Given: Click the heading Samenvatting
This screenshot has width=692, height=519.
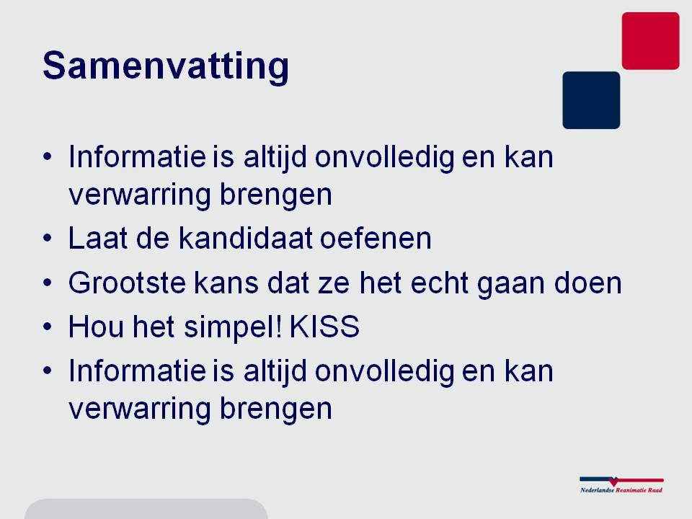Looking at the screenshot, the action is click(x=166, y=66).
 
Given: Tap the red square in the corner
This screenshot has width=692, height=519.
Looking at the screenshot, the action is click(x=650, y=40).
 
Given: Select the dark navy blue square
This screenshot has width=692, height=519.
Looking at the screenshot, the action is click(x=591, y=100).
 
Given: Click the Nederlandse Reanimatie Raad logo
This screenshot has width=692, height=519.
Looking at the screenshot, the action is click(x=621, y=484).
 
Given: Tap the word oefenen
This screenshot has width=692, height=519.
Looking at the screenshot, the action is click(x=376, y=239).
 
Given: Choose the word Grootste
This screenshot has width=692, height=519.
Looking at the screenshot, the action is click(x=127, y=283).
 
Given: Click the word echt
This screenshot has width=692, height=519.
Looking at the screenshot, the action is click(x=440, y=283).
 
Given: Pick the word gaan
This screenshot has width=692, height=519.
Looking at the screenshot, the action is click(x=511, y=286).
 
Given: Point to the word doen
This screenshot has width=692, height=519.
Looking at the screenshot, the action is click(x=588, y=283).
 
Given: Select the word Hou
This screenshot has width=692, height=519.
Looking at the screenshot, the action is click(x=96, y=327).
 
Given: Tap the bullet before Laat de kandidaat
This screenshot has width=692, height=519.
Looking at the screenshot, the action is click(x=48, y=239).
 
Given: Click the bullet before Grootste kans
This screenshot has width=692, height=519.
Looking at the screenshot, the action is click(x=48, y=283).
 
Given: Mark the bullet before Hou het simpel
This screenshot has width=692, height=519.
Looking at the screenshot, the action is click(x=48, y=327).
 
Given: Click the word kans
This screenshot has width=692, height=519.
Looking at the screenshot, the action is click(x=226, y=283).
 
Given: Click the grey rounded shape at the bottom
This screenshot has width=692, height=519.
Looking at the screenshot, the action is click(x=146, y=510).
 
